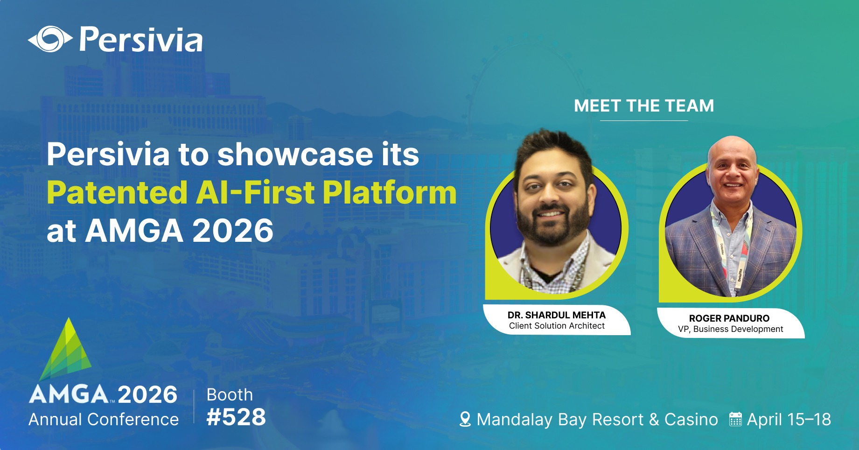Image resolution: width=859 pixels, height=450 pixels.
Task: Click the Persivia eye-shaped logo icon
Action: click(x=50, y=39)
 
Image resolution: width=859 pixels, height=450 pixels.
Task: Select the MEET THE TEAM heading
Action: click(x=644, y=106)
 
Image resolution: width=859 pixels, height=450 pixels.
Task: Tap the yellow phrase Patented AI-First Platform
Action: click(x=251, y=192)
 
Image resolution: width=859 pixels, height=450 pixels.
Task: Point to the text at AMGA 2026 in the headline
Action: click(x=160, y=231)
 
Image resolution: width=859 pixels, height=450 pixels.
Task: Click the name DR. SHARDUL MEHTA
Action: click(x=557, y=315)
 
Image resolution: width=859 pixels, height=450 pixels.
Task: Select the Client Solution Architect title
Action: click(x=557, y=326)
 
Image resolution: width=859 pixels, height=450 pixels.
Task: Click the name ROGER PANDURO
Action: click(x=729, y=318)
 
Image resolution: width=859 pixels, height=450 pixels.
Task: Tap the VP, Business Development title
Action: click(x=731, y=329)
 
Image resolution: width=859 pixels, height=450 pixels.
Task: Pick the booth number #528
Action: click(x=236, y=417)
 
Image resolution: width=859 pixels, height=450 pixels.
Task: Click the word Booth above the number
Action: click(x=230, y=395)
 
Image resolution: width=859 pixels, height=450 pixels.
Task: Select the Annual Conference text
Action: click(x=104, y=420)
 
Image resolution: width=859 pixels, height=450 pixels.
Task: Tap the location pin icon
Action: click(x=465, y=419)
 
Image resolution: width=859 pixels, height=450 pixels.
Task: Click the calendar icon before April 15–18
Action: click(x=735, y=419)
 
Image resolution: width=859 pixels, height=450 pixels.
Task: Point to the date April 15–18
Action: click(x=789, y=419)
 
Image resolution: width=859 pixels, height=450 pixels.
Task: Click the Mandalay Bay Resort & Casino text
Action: click(x=597, y=420)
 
